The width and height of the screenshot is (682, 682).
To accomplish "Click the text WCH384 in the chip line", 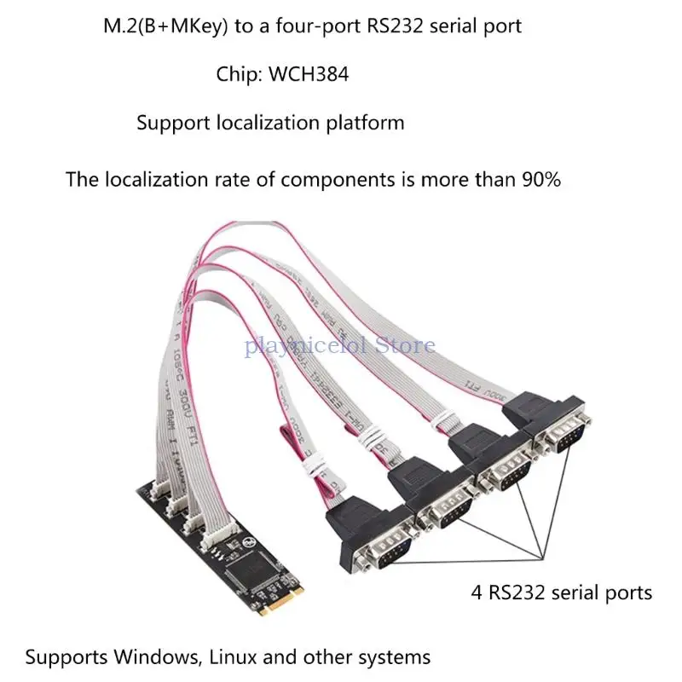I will pyautogui.click(x=309, y=75).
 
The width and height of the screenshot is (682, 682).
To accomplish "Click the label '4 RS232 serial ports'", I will pyautogui.click(x=562, y=591).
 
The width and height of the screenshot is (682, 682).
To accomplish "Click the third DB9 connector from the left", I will pyautogui.click(x=507, y=470).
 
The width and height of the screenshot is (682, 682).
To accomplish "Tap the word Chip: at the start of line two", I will pyautogui.click(x=240, y=75).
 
